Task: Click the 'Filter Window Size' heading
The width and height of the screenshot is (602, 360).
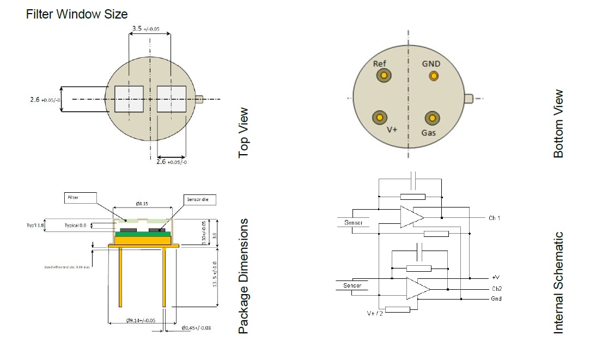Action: (76, 14)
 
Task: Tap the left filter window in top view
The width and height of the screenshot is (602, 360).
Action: (129, 99)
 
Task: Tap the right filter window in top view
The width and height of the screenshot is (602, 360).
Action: (171, 99)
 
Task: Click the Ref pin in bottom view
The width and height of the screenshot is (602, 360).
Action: (384, 76)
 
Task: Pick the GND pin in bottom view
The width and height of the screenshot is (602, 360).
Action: (433, 76)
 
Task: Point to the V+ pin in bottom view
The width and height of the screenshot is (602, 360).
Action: (379, 117)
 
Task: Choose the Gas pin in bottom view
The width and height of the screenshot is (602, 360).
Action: (433, 118)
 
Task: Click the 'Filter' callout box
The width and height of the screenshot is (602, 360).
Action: (80, 198)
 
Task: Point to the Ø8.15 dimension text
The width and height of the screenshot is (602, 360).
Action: (142, 203)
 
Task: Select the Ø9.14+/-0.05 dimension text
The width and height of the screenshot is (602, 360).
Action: (141, 321)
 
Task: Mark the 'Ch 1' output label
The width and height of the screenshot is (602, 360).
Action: (494, 218)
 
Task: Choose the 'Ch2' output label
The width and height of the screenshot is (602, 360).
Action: (496, 288)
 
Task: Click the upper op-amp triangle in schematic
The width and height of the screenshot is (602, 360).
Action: (411, 217)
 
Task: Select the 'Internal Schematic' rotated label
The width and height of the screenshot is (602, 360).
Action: (558, 283)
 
